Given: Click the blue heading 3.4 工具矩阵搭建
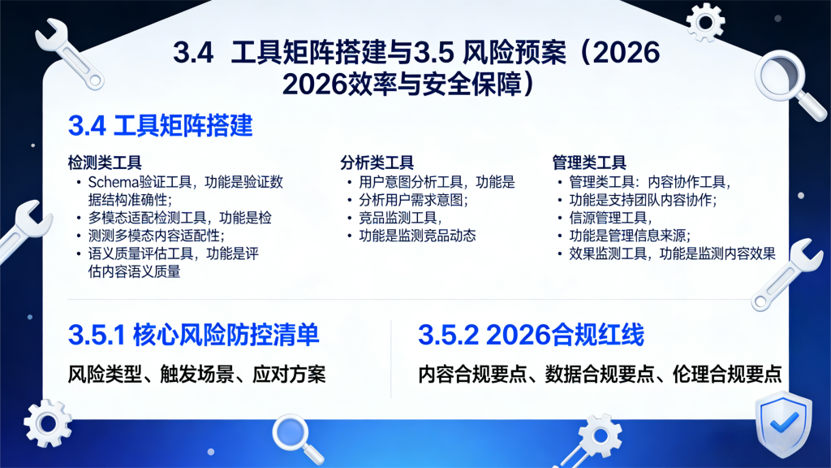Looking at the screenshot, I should [x=161, y=126].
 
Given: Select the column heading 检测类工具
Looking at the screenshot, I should [x=105, y=162].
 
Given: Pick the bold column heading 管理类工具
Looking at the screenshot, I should [x=588, y=162].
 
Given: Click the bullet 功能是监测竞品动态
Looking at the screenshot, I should [x=411, y=236].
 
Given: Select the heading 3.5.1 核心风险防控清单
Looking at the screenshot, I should [x=193, y=335].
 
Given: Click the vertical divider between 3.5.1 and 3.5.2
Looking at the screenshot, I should [x=391, y=357].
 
